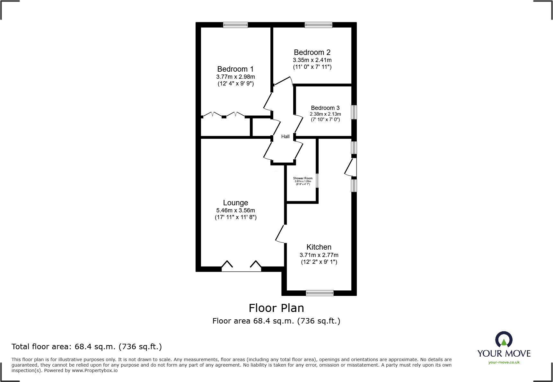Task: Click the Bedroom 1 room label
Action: point(235,69)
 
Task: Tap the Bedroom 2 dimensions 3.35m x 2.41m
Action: point(312,60)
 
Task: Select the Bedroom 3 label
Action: point(325,108)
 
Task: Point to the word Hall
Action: point(285,137)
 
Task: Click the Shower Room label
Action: point(303,178)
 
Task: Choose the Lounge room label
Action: point(235,203)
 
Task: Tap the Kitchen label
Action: point(319,247)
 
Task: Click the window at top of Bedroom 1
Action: point(235,25)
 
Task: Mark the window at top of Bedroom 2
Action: point(318,25)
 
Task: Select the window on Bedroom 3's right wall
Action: point(354,112)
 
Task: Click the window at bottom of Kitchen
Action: point(320,293)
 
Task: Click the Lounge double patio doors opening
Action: point(241,269)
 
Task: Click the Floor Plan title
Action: point(276,308)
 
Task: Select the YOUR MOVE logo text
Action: point(504,353)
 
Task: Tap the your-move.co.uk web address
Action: point(504,362)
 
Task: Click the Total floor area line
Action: point(87,347)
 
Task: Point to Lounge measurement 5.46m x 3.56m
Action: point(235,210)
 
